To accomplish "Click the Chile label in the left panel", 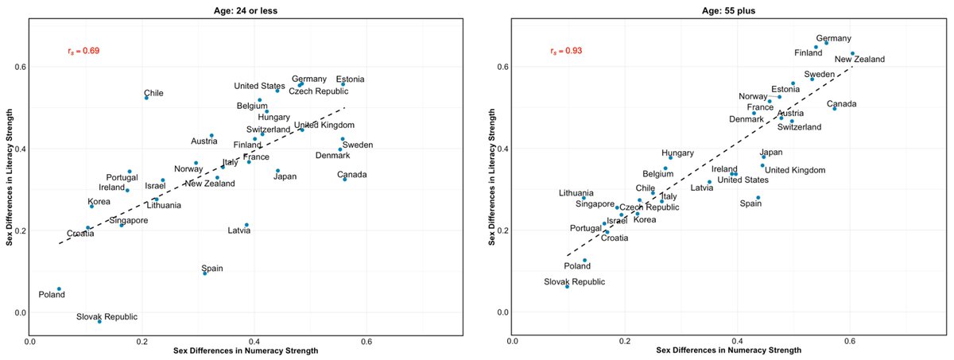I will click(x=153, y=93).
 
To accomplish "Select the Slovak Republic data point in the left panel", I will click(x=99, y=321).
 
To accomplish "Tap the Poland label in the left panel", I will click(x=52, y=295).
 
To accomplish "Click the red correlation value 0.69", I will click(x=83, y=51).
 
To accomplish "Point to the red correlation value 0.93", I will click(x=565, y=51).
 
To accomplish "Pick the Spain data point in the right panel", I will click(x=758, y=197).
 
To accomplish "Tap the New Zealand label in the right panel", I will click(x=859, y=59).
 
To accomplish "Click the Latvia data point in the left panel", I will click(x=246, y=225).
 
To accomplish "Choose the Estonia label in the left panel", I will click(x=351, y=79).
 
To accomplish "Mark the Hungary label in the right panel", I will click(x=678, y=153).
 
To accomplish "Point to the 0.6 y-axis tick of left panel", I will click(x=16, y=67).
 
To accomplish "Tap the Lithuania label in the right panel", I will click(x=576, y=192).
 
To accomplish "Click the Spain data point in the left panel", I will click(x=205, y=273).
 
